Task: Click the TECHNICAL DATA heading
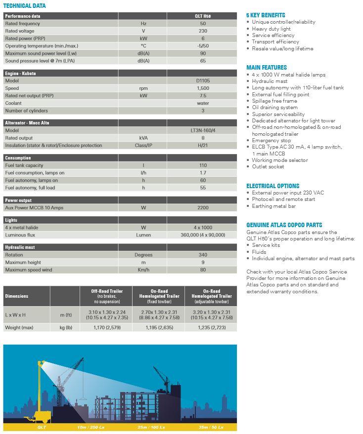pos(25,6)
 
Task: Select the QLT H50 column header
pos(203,16)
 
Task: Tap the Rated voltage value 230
pos(203,31)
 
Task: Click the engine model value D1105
pos(203,80)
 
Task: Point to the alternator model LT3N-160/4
pos(203,130)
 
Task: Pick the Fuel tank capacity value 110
pos(203,165)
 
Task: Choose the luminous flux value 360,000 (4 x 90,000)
pos(203,235)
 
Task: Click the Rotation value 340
pos(203,255)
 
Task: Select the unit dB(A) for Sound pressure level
pos(143,61)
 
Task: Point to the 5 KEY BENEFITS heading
pos(266,15)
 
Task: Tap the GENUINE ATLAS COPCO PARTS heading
pos(284,225)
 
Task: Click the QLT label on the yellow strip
pos(42,427)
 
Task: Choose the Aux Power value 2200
pos(203,208)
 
